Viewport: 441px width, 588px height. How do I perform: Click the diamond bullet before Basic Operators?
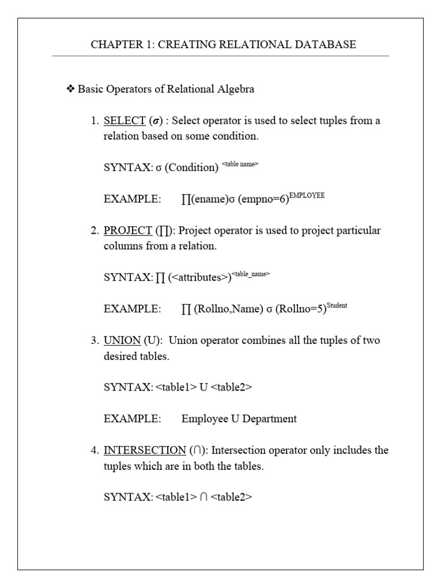click(71, 89)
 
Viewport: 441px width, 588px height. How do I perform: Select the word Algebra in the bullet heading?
click(233, 89)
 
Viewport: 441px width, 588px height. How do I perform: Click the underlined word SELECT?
click(125, 121)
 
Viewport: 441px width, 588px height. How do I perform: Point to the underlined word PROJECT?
click(127, 231)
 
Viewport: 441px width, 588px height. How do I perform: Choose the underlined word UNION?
click(119, 341)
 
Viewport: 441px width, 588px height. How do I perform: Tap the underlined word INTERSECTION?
click(144, 450)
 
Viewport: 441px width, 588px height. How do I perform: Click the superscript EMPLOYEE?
click(307, 196)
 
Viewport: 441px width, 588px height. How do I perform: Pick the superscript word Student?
click(337, 305)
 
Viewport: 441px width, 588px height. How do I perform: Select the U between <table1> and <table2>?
click(203, 388)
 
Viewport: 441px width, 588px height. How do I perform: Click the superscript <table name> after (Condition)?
click(240, 164)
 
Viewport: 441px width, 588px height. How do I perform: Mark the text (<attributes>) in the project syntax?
click(200, 277)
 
